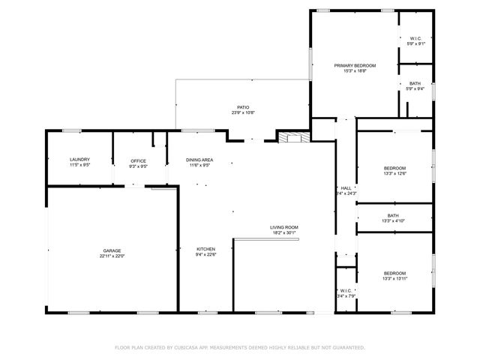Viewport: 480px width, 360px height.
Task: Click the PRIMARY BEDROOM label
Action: (355, 66)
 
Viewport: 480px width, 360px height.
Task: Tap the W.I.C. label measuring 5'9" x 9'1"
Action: (415, 38)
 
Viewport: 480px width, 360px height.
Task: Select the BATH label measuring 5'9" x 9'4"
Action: (415, 83)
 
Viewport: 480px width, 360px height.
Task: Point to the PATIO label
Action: (242, 107)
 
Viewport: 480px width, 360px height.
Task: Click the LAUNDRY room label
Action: (79, 160)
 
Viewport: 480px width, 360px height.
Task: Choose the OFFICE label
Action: (138, 160)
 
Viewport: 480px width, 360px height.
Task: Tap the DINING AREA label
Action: (199, 160)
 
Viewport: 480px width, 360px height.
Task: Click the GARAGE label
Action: (112, 250)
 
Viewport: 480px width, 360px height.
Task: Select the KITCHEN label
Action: (206, 249)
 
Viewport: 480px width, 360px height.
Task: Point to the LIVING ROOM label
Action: (284, 227)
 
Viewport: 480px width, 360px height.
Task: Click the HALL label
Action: (346, 188)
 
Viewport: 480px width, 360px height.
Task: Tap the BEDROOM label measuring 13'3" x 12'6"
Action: (394, 168)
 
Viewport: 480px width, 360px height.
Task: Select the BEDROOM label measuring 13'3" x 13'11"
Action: (394, 273)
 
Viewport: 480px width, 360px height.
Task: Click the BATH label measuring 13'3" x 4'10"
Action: (394, 215)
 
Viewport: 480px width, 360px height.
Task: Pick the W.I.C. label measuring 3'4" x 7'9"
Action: (346, 290)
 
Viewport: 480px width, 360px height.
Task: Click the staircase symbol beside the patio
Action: (292, 136)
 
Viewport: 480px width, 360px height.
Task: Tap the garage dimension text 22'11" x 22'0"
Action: (112, 256)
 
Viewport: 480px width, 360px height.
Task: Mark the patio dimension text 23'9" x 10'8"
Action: (242, 112)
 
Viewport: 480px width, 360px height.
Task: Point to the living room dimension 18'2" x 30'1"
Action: (284, 232)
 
